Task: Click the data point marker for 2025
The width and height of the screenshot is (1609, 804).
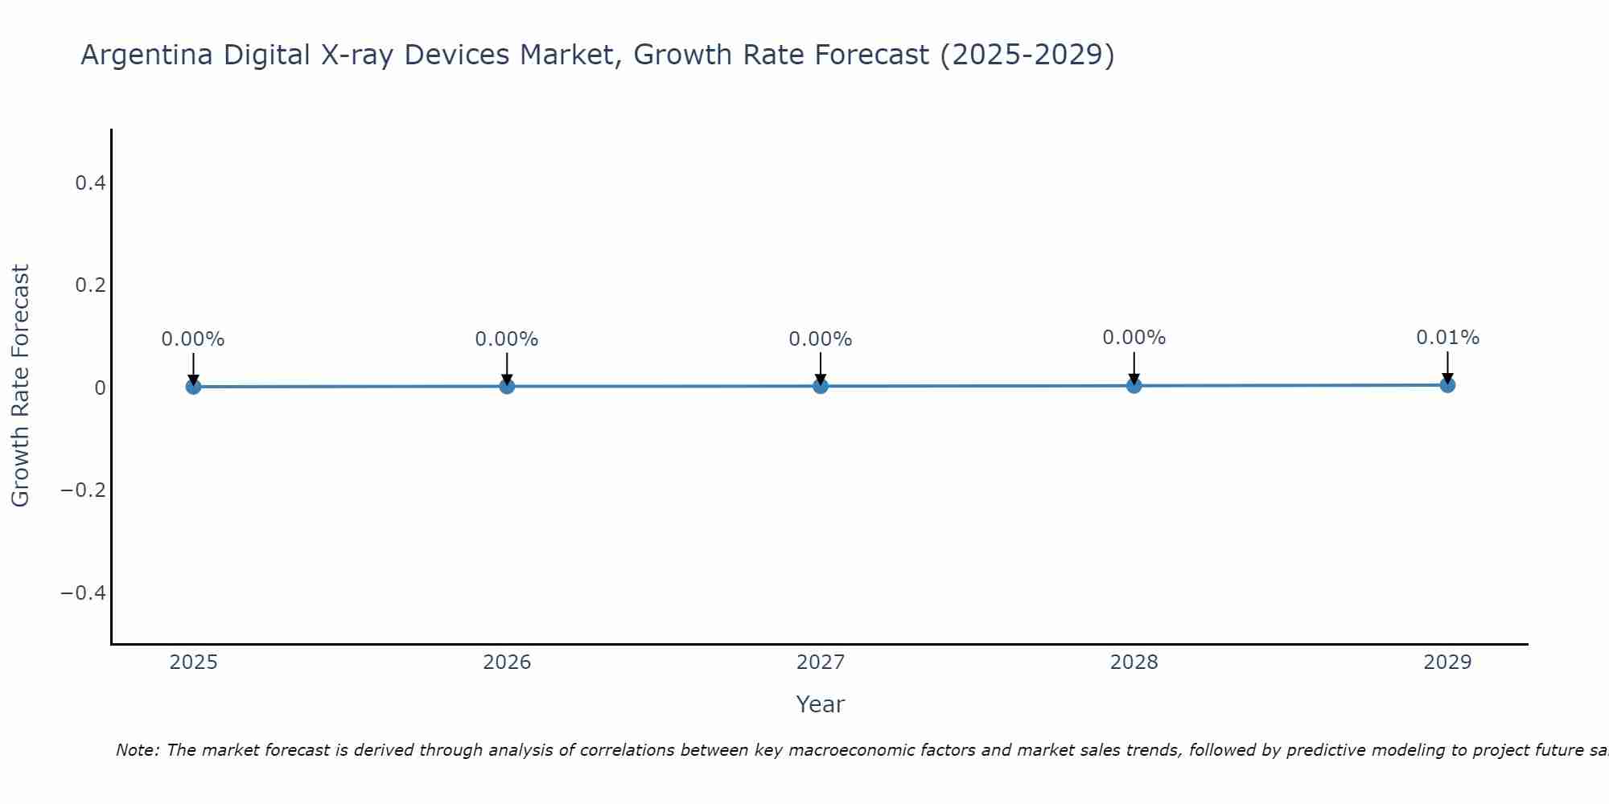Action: tap(193, 387)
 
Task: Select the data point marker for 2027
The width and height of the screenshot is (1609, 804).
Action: tap(821, 386)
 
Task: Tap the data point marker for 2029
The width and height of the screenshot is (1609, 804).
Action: tap(1447, 385)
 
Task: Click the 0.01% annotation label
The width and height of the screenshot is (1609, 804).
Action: tap(1447, 338)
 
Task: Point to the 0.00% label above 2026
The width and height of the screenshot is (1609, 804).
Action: tap(507, 339)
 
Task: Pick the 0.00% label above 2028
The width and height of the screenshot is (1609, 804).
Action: tap(1134, 338)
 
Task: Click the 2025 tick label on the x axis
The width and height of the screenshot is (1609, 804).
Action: tap(194, 662)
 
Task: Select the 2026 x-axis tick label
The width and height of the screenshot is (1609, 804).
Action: tap(507, 662)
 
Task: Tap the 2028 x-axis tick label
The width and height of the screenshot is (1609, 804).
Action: tap(1134, 662)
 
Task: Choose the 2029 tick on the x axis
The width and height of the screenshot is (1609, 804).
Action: tap(1447, 662)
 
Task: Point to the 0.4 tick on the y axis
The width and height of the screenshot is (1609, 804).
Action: tap(90, 183)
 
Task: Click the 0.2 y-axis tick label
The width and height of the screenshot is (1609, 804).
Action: tap(90, 285)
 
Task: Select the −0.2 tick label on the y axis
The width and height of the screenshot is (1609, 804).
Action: tap(84, 490)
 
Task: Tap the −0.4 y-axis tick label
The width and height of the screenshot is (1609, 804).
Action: tap(84, 593)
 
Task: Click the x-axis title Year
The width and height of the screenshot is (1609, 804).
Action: tap(820, 704)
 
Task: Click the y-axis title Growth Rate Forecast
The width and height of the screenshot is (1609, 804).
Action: tap(20, 386)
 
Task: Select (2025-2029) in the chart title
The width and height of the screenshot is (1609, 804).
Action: tap(1027, 55)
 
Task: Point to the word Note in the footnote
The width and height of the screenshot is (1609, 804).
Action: tap(137, 750)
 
